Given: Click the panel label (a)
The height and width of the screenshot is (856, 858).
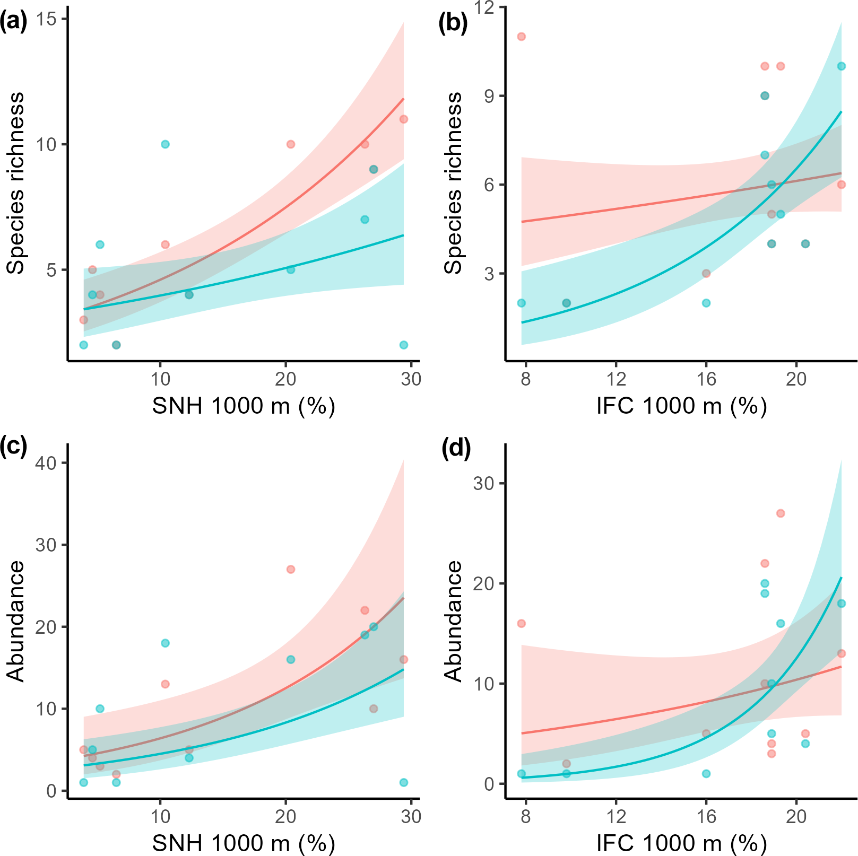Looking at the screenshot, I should (14, 23).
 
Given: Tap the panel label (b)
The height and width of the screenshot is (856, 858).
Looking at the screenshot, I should (453, 23).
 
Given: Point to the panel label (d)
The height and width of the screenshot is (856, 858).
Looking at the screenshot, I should (456, 448).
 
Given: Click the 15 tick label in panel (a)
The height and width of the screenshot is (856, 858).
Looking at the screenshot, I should (46, 19).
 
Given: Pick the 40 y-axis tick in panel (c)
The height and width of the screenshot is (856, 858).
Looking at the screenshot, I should (46, 463).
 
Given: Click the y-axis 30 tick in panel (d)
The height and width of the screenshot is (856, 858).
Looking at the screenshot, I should (483, 484).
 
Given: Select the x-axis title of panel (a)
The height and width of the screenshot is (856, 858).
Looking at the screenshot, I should (244, 406).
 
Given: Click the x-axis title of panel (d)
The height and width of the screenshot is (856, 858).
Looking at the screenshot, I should (681, 843).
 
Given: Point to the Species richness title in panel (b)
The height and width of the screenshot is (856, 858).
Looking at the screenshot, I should (454, 183).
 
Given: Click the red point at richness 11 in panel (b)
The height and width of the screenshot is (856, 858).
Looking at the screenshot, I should (522, 37).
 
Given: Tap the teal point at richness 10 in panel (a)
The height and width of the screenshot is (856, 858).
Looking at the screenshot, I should (165, 144).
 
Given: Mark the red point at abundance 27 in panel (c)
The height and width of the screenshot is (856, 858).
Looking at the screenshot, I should (291, 569).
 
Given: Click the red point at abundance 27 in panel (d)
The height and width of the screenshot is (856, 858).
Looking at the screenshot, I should (781, 513).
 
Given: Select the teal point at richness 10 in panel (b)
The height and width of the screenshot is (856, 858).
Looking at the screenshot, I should (842, 66).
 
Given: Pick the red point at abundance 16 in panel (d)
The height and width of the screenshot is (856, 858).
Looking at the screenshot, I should (522, 623).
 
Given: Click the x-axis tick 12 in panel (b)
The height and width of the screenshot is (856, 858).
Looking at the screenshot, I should (616, 379).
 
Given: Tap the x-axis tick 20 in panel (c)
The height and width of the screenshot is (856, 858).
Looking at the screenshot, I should (285, 816).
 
